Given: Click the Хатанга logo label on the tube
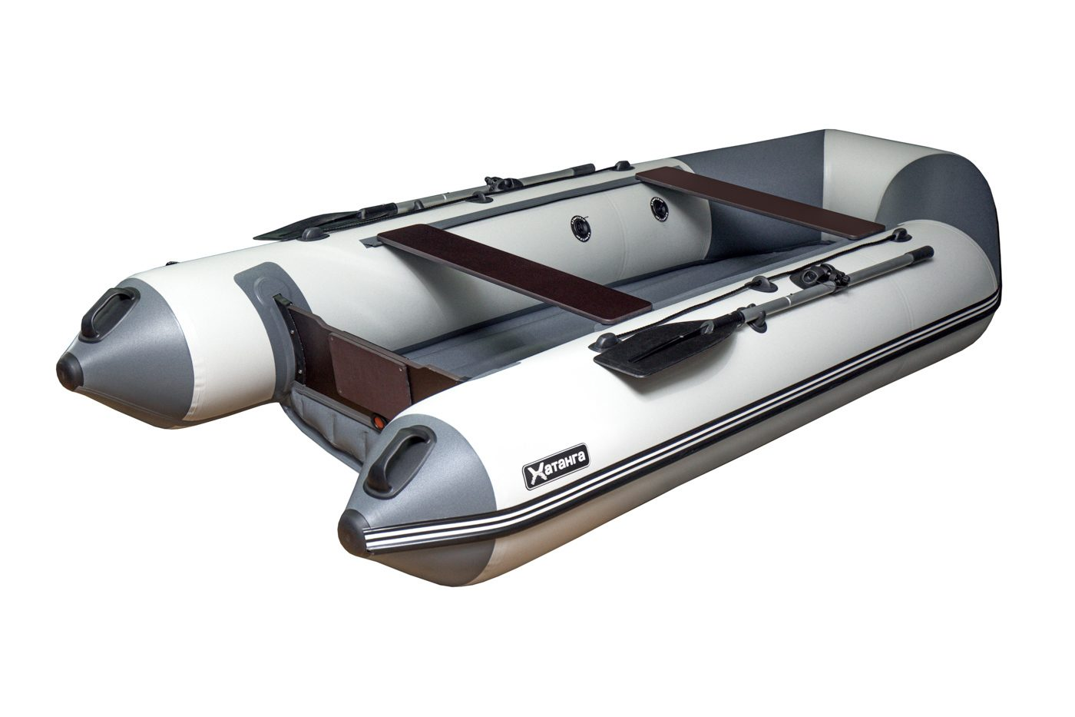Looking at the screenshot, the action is click(557, 466).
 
